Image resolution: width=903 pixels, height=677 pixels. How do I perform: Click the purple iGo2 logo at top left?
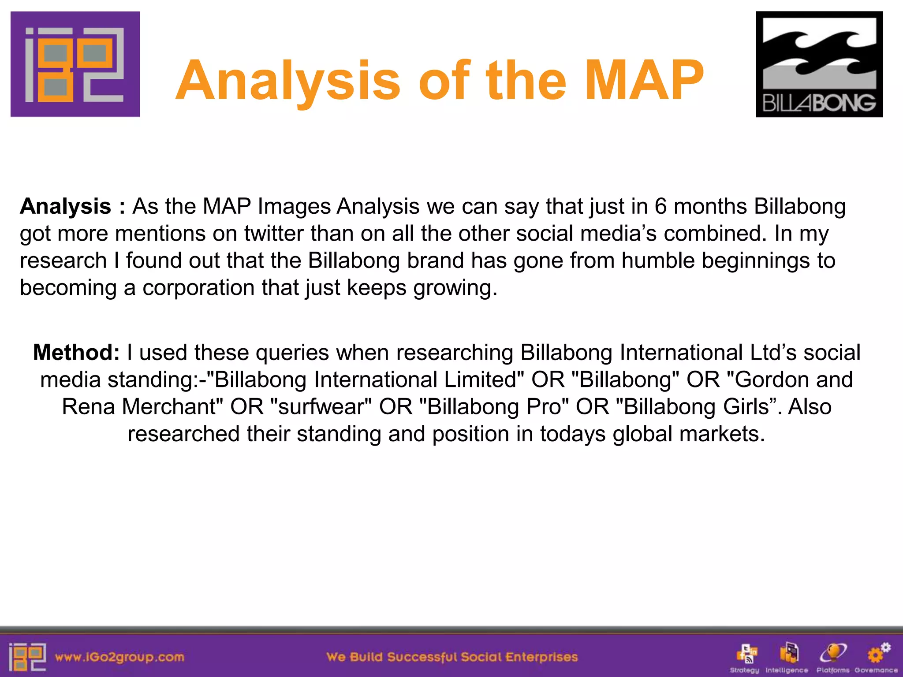point(75,64)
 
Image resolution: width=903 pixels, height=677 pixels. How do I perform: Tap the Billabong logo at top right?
point(819,64)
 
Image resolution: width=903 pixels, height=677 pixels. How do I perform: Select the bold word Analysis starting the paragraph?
point(65,206)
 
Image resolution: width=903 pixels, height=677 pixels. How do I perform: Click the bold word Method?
point(76,353)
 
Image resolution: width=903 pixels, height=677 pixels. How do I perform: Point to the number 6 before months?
point(660,206)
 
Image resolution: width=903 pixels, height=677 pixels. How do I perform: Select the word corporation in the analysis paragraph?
point(198,288)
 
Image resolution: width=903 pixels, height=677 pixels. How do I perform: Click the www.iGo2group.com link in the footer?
point(119,657)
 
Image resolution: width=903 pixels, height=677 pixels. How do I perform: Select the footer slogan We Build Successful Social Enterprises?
point(452,657)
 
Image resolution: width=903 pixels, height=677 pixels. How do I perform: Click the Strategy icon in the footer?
point(746,654)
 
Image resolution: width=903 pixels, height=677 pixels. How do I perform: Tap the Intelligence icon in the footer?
point(788,654)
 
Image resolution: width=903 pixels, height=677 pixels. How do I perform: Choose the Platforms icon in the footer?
point(832,654)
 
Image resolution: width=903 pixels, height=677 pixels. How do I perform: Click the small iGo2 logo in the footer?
point(27,657)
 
